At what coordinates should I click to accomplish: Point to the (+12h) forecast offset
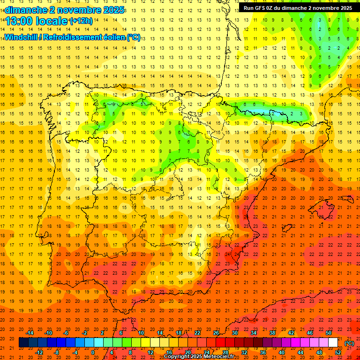pyautogui.click(x=81, y=21)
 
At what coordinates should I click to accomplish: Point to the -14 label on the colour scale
pyautogui.click(x=30, y=332)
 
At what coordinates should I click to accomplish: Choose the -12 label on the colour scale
pyautogui.click(x=39, y=352)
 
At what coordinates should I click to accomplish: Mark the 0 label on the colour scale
pyautogui.click(x=93, y=352)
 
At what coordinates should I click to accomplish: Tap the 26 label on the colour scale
pyautogui.click(x=216, y=332)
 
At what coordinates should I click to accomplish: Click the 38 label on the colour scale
pyautogui.click(x=272, y=332)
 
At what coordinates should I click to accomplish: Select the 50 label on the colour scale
pyautogui.click(x=329, y=332)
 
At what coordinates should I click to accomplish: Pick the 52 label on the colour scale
pyautogui.click(x=338, y=352)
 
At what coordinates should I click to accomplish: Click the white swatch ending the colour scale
pyautogui.click(x=333, y=343)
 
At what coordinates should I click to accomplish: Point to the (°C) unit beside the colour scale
pyautogui.click(x=349, y=343)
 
